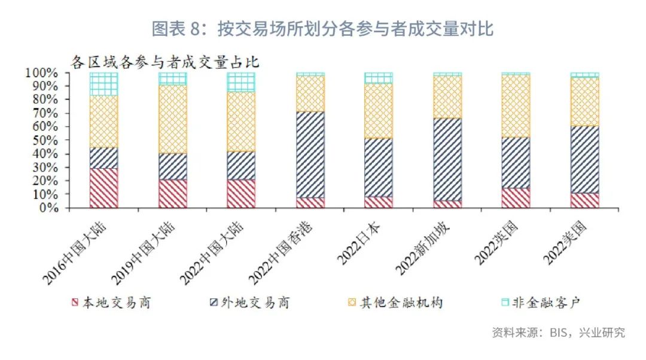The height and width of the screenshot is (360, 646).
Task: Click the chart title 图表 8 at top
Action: [x=322, y=28]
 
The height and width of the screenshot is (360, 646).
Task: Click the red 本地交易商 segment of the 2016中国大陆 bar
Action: [x=103, y=188]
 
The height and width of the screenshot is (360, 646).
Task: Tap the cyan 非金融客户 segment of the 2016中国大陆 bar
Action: [x=103, y=84]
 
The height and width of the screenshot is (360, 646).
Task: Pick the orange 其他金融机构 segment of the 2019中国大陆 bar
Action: [x=172, y=119]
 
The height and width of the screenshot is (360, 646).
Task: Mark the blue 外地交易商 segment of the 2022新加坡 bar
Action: [x=447, y=159]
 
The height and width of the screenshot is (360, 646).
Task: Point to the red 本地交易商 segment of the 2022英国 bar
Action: [x=516, y=198]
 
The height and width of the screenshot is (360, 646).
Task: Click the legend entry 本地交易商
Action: [x=110, y=303]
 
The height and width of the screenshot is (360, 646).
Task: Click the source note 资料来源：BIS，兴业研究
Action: [x=558, y=332]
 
